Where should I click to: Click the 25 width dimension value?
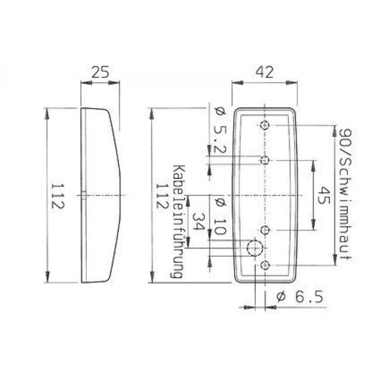tap(100, 72)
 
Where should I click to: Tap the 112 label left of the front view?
tap(161, 196)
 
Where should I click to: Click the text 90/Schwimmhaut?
tap(343, 196)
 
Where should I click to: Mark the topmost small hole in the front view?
tap(264, 125)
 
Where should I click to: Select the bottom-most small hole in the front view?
tap(265, 265)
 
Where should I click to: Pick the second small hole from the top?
tap(265, 160)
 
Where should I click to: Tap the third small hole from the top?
tap(265, 230)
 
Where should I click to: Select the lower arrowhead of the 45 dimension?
tap(312, 225)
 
